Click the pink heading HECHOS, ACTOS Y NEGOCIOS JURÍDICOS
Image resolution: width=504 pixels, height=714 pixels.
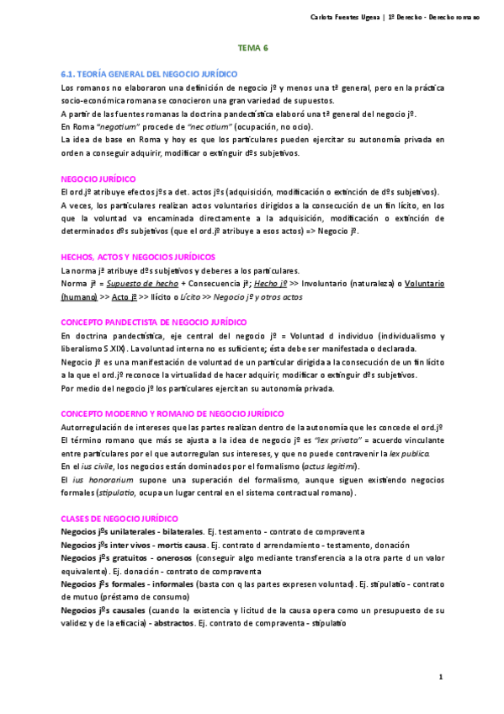click(138, 256)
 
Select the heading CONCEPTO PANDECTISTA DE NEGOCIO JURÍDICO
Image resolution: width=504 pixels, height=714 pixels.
click(154, 322)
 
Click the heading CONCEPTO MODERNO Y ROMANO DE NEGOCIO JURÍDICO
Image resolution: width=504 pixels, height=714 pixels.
click(161, 413)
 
